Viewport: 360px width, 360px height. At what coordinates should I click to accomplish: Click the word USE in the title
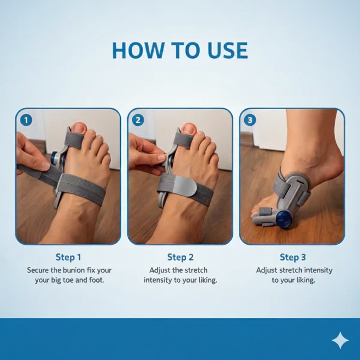coord(227,51)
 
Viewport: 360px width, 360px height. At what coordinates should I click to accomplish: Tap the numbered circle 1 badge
coord(26,120)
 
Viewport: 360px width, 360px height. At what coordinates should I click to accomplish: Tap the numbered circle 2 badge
coord(138,120)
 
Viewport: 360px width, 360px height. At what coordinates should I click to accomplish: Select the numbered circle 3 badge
coord(250,120)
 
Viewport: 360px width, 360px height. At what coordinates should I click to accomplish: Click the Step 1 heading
coord(68,257)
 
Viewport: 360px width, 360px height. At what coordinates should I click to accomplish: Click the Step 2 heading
coord(180,257)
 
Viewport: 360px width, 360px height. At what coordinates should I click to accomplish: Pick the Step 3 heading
coord(292,257)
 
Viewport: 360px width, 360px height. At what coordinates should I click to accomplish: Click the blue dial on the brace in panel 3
coord(284,219)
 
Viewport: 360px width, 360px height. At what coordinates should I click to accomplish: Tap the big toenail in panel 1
coord(78,128)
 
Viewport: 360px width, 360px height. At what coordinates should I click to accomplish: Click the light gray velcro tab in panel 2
coord(184,186)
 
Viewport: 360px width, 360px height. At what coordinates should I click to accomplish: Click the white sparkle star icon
coord(340,340)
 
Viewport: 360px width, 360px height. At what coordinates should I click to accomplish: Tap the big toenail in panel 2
coord(189,129)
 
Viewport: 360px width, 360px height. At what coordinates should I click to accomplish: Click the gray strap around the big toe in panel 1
coord(74,140)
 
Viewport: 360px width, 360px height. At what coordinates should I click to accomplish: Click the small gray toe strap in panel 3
coord(266,211)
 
